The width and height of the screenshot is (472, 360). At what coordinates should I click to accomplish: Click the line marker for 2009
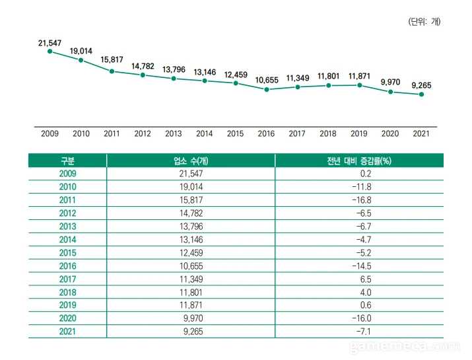click(50, 51)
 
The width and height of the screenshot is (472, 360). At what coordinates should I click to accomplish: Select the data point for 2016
click(266, 89)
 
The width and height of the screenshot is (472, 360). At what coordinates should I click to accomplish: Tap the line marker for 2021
click(421, 94)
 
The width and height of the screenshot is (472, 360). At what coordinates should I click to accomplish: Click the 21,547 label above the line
click(50, 43)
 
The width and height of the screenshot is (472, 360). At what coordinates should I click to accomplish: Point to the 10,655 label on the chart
click(267, 80)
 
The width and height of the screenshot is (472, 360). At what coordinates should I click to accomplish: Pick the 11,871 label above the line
click(359, 76)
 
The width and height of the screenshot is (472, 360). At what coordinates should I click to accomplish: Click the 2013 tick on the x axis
click(173, 133)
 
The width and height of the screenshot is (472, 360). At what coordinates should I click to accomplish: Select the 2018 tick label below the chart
click(327, 133)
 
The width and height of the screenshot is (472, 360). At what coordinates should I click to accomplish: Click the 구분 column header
click(67, 161)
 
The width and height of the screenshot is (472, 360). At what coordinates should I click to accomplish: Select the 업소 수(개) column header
click(190, 161)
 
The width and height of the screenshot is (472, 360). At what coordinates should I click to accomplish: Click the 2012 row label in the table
click(67, 213)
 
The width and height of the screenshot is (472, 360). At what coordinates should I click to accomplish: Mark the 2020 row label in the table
click(67, 318)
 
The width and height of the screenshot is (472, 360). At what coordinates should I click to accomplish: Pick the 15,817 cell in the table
click(191, 200)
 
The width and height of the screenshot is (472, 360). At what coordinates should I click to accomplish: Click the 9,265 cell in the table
click(191, 332)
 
